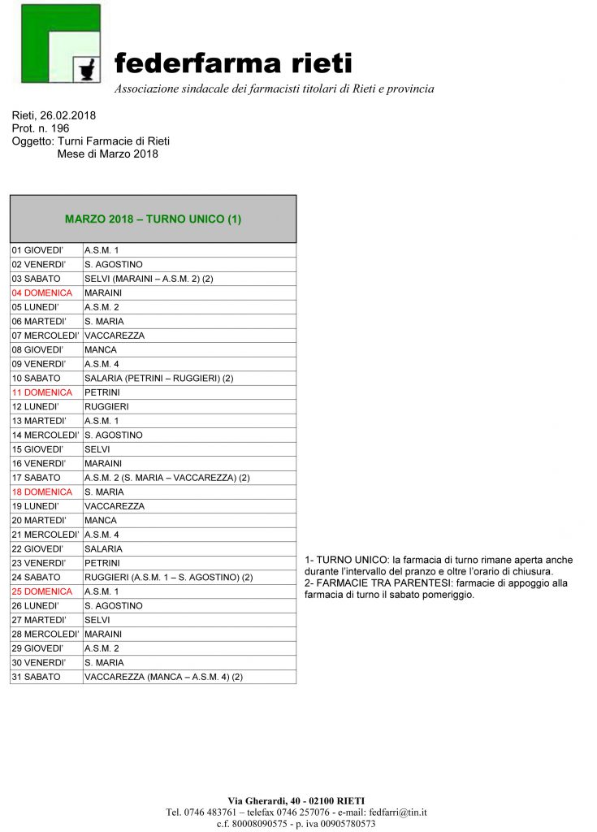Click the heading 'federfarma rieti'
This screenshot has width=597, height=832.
(233, 63)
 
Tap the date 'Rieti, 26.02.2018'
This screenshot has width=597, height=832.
(54, 115)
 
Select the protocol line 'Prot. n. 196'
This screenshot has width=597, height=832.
(41, 128)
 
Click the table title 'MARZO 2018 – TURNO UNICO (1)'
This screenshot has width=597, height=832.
(153, 219)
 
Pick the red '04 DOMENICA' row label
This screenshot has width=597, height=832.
(42, 292)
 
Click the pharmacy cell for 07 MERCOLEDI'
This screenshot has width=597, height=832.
(115, 336)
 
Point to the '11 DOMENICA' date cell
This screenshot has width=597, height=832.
(42, 392)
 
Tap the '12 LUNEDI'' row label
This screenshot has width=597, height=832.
(36, 406)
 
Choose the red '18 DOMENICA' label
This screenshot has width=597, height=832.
(42, 492)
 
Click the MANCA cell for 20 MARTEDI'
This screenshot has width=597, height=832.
(101, 520)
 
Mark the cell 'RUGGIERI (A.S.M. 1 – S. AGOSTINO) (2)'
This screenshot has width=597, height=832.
(169, 577)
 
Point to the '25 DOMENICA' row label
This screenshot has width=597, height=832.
(42, 591)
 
